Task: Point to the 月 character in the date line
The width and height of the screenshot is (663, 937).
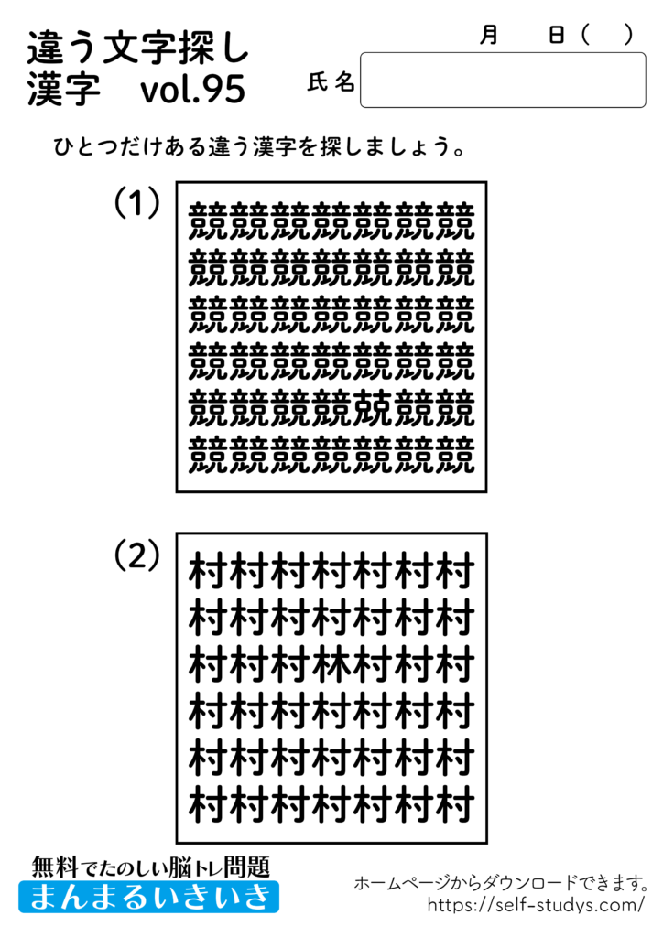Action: (489, 35)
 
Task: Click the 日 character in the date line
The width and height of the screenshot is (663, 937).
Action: (556, 35)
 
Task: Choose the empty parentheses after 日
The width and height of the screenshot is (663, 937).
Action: (606, 35)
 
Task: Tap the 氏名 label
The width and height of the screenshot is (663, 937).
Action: (331, 82)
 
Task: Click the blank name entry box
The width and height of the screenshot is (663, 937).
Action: (503, 81)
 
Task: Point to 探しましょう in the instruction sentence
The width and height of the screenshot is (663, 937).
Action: (394, 146)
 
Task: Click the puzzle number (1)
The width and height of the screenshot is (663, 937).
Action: (136, 203)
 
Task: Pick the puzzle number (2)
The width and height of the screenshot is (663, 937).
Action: (136, 555)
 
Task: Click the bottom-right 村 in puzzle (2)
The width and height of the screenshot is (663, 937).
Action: (455, 806)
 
